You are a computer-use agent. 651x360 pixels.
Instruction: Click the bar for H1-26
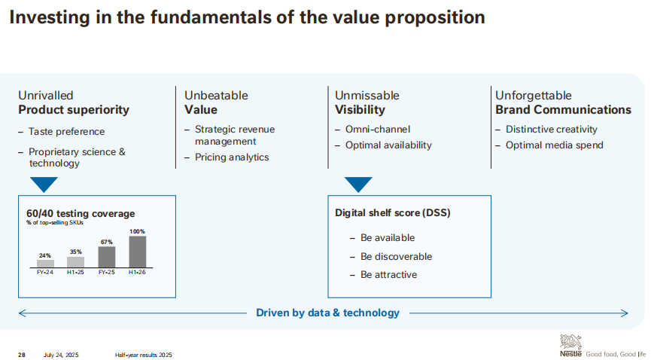[138, 252]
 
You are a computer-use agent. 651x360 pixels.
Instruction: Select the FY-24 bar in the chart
[45, 264]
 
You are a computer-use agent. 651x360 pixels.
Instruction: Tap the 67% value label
[107, 242]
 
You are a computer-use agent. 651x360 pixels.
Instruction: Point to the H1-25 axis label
[75, 273]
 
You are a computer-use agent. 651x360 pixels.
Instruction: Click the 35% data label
[75, 252]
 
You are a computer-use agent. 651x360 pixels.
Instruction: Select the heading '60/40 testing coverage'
[81, 214]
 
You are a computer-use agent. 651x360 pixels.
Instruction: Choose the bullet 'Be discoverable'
[396, 257]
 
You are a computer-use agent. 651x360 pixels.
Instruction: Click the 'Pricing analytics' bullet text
[232, 157]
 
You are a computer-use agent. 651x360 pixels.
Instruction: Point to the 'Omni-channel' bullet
[378, 130]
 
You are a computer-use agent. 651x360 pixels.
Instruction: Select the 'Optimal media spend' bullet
[554, 145]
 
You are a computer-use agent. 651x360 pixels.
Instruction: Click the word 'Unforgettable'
[533, 96]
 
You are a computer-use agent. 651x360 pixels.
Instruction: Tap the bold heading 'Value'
[201, 110]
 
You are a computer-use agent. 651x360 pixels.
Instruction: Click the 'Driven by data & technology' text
[327, 313]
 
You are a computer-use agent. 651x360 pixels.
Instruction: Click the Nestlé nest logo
[571, 343]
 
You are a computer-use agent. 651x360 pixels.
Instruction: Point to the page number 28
[22, 355]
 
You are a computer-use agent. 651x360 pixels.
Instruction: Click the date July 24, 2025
[61, 355]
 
